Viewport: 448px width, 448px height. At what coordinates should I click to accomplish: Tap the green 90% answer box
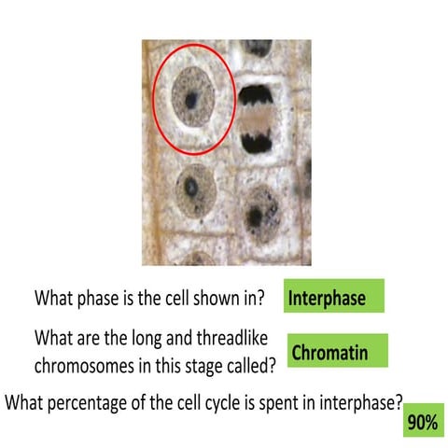point(422,422)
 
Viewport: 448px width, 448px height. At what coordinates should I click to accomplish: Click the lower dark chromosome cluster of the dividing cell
point(255,141)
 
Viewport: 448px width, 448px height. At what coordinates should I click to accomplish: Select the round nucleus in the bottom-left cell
point(193,190)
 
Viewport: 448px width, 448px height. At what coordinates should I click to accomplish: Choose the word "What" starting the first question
point(53,300)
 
